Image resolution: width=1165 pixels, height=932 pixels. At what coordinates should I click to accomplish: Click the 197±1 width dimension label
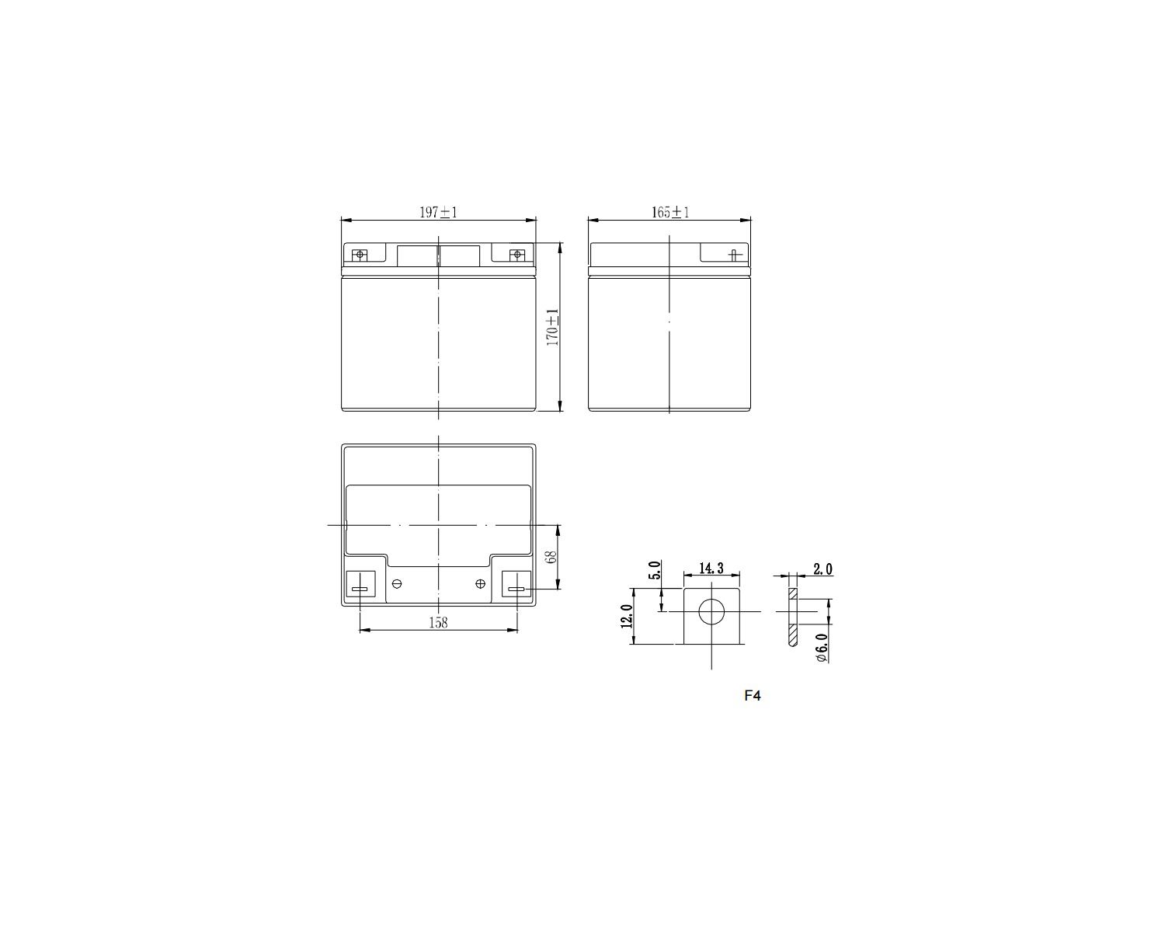coord(438,212)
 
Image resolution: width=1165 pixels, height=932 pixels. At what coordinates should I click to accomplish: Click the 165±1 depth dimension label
coord(669,212)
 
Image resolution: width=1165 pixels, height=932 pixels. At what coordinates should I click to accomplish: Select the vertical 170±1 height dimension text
coord(552,327)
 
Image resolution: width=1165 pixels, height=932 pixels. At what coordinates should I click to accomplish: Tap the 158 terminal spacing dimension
coord(438,623)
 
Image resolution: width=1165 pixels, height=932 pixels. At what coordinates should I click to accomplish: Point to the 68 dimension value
coord(551,557)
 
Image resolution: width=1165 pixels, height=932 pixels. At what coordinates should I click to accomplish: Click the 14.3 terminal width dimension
coord(711,568)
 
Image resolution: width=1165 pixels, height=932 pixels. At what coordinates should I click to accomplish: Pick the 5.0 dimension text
coord(654,570)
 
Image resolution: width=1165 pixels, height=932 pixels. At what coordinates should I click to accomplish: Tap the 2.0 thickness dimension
coord(822,569)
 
